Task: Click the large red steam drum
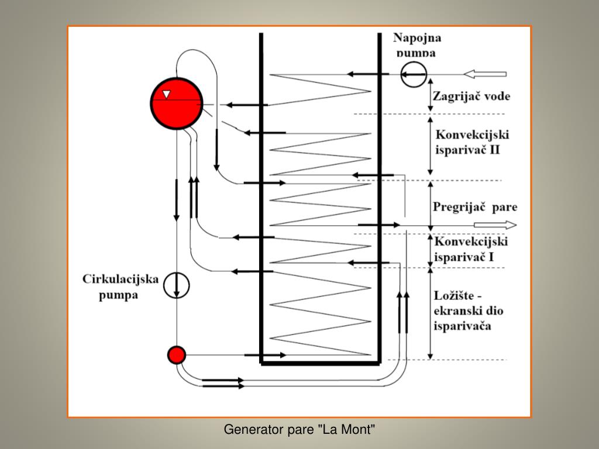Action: tap(176, 103)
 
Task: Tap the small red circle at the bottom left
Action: tap(176, 354)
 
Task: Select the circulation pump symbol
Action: tap(176, 285)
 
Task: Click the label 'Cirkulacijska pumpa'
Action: tap(120, 287)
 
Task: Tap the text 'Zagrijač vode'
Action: tap(470, 96)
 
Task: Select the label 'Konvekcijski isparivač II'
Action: tap(471, 142)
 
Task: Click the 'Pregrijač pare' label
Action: tap(475, 207)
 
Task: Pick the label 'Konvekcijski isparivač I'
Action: tap(470, 249)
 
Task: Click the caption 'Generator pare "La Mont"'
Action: tap(299, 430)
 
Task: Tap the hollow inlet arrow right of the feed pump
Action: tap(485, 74)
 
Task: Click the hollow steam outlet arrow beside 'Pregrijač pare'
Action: tap(495, 225)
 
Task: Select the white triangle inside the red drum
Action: tap(167, 94)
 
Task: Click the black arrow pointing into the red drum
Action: tap(246, 105)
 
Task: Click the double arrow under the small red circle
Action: tap(222, 382)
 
